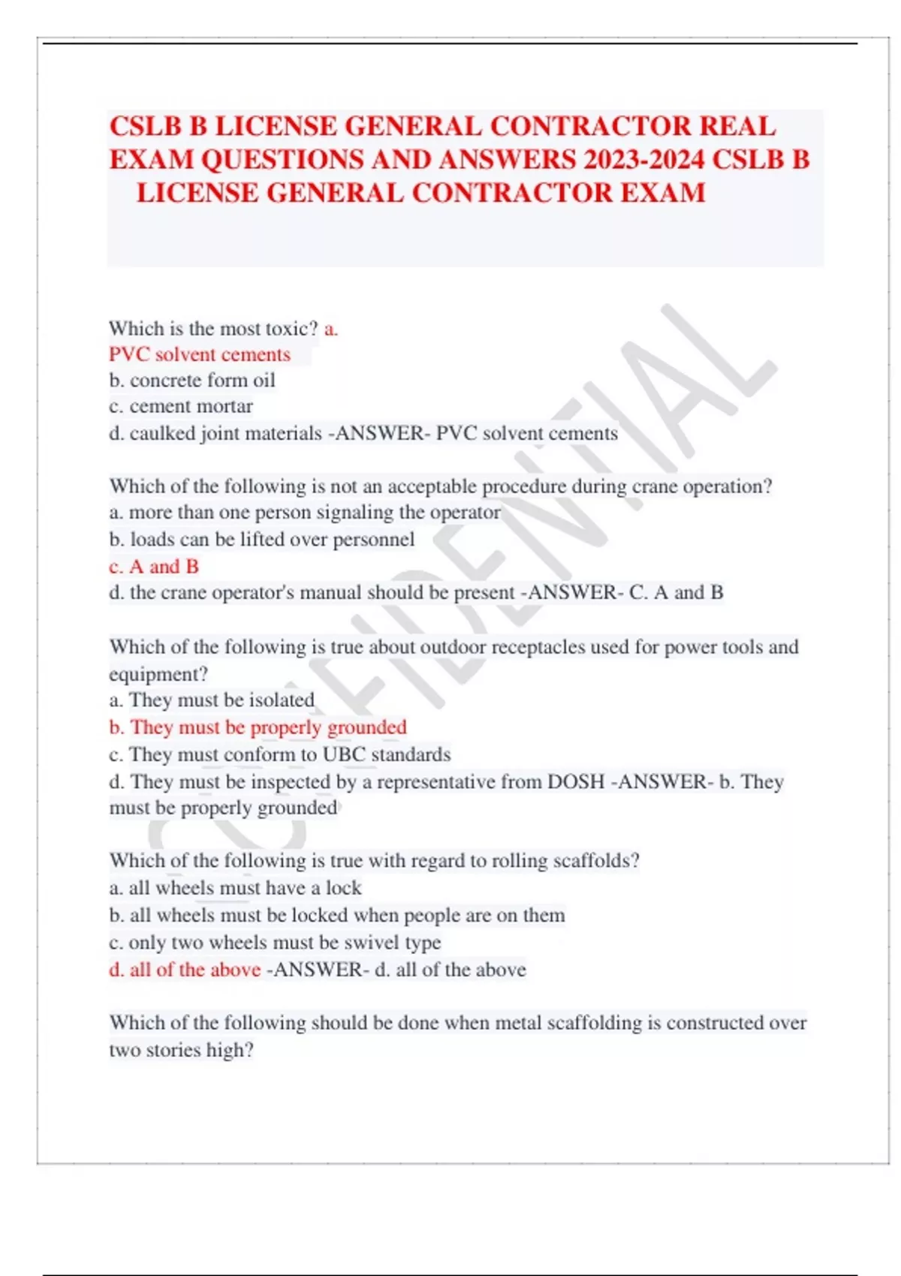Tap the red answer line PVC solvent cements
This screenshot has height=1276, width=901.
pos(200,354)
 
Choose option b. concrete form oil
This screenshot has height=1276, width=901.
pos(192,381)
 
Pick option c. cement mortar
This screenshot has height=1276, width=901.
pos(181,407)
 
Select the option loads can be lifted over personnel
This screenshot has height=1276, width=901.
pos(262,540)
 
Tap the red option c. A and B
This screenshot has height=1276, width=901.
pos(154,567)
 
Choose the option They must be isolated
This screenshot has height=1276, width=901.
pos(212,700)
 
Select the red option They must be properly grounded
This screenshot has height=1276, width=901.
pos(258,727)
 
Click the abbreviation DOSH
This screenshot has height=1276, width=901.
pos(576,782)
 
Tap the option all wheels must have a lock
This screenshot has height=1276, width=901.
pos(235,888)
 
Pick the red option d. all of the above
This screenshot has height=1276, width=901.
pos(185,970)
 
